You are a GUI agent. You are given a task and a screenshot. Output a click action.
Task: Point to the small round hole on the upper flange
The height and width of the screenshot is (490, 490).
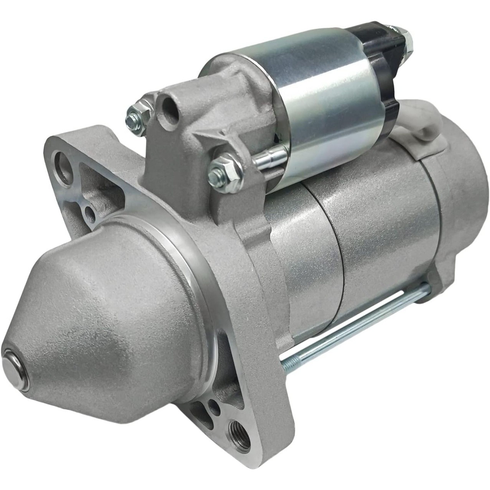[89, 210]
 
